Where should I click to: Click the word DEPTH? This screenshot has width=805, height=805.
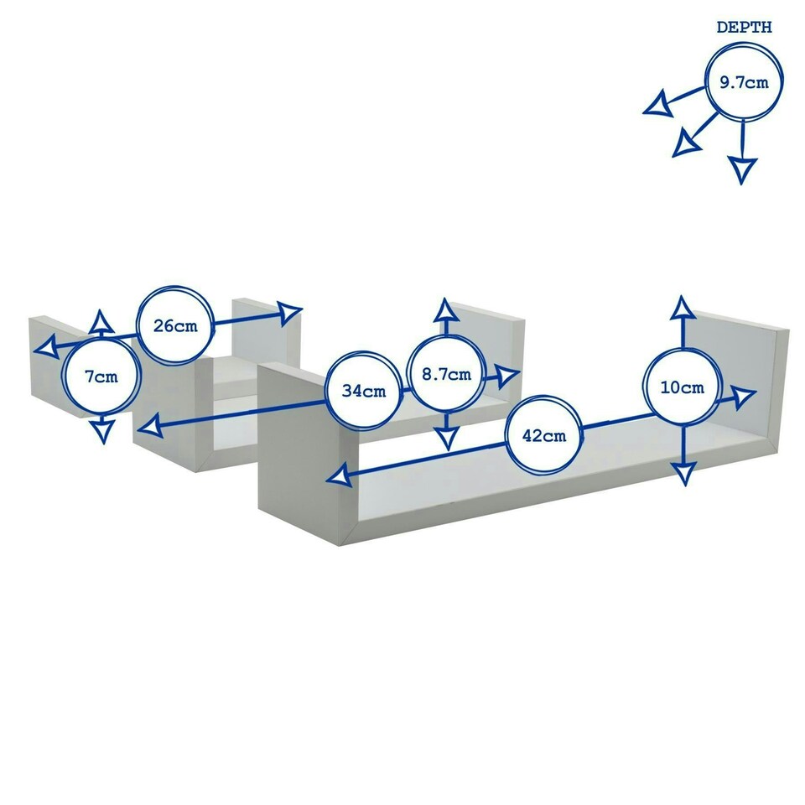coord(744,28)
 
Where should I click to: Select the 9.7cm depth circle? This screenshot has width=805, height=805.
coord(743,82)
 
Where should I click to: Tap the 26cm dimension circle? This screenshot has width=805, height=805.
coord(175,325)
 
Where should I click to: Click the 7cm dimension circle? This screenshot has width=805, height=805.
coord(101,377)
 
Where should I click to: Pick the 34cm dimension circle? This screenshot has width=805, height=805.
coord(363,391)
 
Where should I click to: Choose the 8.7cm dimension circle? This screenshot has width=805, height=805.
coord(446,374)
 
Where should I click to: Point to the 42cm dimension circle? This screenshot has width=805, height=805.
coord(544,435)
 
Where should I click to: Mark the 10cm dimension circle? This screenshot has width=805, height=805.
coord(682,387)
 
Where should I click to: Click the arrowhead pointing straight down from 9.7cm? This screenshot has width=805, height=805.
coord(742,170)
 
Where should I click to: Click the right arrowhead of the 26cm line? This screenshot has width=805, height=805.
coord(289,314)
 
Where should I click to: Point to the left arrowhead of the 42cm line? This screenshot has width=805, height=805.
coord(339,478)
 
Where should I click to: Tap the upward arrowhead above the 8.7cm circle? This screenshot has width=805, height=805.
coord(445,310)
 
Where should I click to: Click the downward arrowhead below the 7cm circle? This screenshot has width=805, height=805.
coord(102,431)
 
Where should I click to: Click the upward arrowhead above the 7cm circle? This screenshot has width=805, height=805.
coord(101,321)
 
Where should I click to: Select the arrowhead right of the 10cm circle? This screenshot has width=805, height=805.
coord(743,396)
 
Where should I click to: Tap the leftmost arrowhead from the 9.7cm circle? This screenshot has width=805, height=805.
coord(657,104)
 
